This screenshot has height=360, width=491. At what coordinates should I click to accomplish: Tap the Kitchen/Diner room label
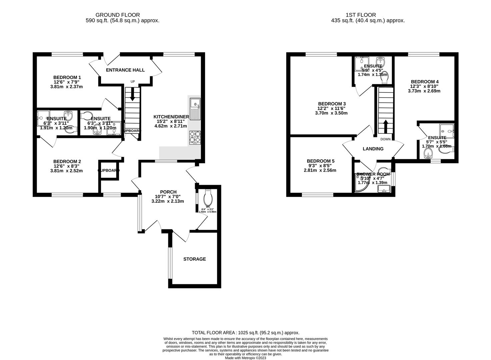click(171, 117)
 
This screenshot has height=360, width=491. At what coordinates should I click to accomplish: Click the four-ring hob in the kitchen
click(195, 137)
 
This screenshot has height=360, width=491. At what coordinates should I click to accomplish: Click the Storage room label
click(194, 259)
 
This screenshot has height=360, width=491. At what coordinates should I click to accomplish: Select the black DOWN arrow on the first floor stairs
click(386, 126)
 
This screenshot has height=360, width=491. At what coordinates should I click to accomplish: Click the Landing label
click(373, 149)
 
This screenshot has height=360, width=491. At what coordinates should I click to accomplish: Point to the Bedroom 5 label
click(320, 161)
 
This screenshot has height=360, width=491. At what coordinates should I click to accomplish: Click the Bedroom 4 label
click(424, 82)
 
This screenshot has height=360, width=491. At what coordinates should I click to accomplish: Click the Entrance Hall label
click(125, 70)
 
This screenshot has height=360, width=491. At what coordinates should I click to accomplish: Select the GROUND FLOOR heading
click(117, 15)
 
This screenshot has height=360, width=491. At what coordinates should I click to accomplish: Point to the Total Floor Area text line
click(245, 333)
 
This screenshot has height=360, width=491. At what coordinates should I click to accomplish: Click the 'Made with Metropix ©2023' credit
click(245, 358)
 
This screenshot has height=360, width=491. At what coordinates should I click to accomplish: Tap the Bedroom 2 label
click(67, 161)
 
